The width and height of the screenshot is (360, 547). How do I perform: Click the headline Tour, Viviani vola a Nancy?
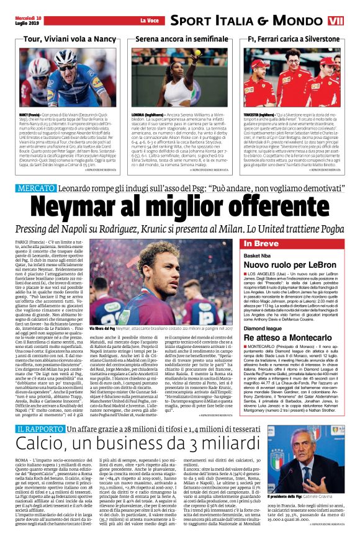click(x=60, y=39)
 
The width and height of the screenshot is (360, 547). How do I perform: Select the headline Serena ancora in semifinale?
click(x=179, y=39)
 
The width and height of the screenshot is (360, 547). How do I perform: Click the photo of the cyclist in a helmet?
click(x=59, y=77)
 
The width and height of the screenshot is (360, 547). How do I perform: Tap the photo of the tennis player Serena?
click(x=179, y=77)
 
